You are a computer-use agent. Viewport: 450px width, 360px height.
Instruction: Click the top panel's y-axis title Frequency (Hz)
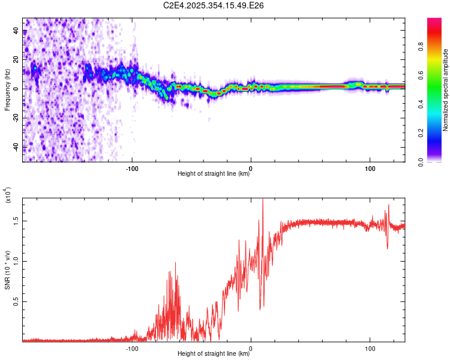[7, 90]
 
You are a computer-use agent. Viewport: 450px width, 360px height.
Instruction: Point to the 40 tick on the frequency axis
[16, 31]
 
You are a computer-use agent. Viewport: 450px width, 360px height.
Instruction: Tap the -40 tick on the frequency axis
[16, 147]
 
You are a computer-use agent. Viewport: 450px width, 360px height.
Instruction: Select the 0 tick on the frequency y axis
[16, 89]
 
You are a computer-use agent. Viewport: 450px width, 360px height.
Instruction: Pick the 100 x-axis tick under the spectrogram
[370, 168]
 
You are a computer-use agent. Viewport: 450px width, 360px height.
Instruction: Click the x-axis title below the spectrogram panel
[214, 174]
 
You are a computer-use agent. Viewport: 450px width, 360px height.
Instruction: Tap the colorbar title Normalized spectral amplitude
[445, 90]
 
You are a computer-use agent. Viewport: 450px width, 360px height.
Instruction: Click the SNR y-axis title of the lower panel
[7, 270]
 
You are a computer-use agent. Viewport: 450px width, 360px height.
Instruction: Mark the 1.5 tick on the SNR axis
[16, 220]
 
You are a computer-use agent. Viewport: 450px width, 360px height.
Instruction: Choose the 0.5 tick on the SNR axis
[16, 301]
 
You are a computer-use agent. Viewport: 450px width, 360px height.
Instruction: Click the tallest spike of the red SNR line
[263, 200]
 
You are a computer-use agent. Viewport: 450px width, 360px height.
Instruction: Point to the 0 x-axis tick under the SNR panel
[251, 347]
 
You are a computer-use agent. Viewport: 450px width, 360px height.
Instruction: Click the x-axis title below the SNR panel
[214, 353]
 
